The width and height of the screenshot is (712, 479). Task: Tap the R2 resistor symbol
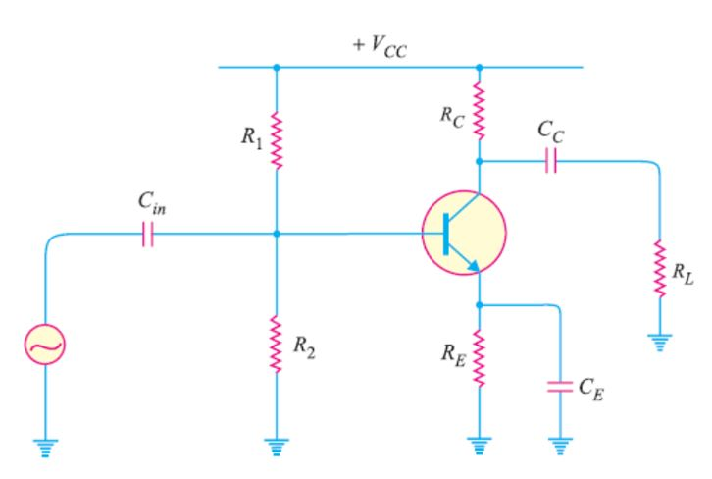tap(277, 345)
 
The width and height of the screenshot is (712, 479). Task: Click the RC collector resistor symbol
tap(479, 111)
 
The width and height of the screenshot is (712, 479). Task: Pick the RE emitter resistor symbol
tap(479, 358)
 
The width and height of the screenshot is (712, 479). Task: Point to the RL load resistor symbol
tap(660, 266)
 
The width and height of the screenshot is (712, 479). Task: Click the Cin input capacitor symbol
tap(147, 235)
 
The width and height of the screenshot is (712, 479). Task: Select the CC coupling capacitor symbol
tap(550, 160)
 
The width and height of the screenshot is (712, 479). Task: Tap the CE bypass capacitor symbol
tap(559, 386)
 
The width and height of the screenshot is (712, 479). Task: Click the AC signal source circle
tap(46, 345)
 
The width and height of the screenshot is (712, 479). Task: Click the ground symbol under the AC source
tap(46, 447)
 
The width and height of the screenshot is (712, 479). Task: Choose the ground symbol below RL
tap(660, 343)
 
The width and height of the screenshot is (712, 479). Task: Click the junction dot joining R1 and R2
tap(277, 234)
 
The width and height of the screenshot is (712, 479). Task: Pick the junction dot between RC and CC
tap(479, 160)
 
